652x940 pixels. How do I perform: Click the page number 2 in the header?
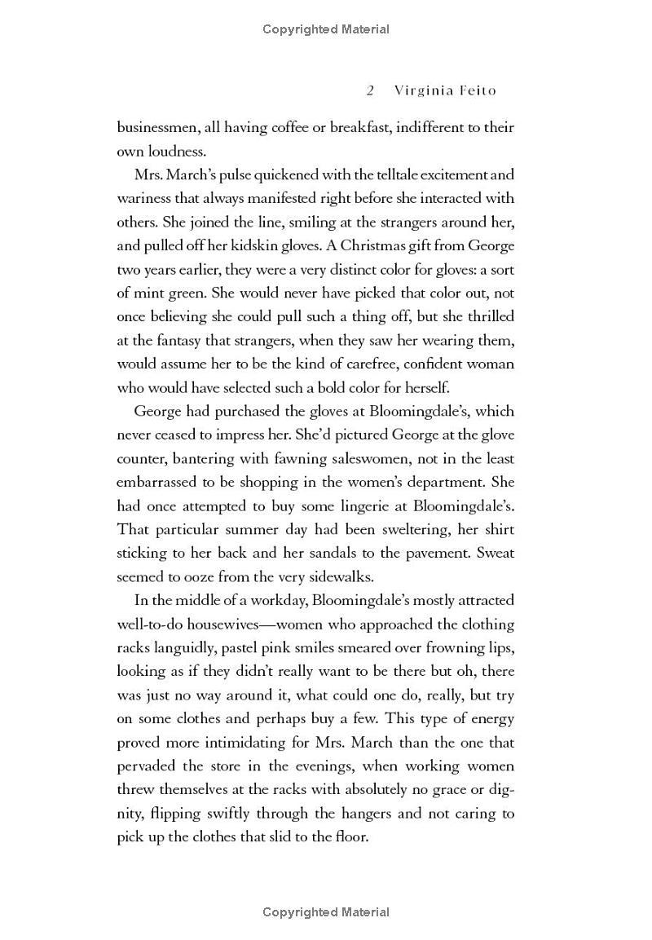[x=370, y=90]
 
